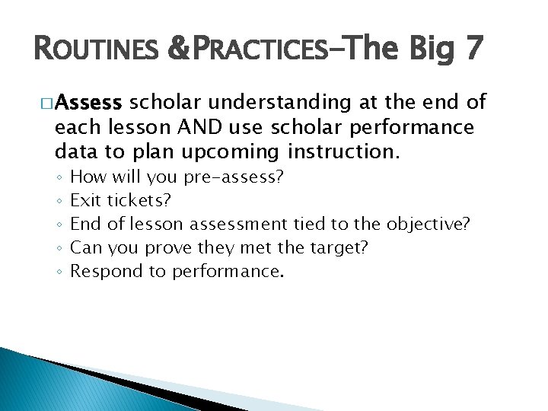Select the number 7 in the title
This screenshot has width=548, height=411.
pos(471,48)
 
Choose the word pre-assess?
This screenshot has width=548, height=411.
pos(233,177)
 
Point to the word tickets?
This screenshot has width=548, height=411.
pos(139,201)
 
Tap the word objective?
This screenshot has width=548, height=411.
pos(429,225)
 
